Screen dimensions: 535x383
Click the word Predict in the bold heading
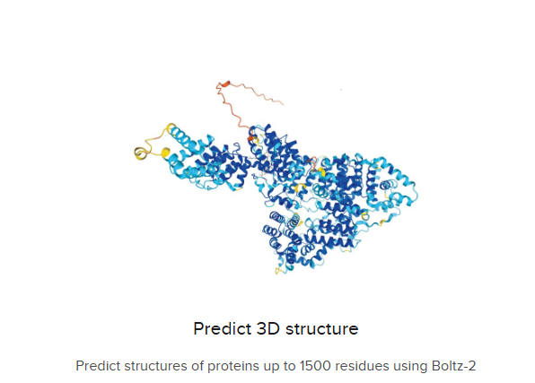click(x=223, y=329)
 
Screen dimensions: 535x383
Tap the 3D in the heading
click(x=268, y=329)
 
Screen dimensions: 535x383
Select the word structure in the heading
click(x=321, y=329)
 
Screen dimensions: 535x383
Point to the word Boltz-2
click(x=453, y=366)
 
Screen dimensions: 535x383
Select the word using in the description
click(x=410, y=367)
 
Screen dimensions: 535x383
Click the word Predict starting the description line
click(x=98, y=366)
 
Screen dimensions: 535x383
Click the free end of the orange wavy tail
click(x=283, y=104)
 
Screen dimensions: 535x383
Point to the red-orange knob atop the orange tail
click(x=224, y=83)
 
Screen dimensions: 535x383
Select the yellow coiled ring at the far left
click(x=140, y=153)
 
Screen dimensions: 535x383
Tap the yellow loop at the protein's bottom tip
click(x=279, y=271)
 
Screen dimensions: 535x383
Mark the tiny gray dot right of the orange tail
click(x=341, y=90)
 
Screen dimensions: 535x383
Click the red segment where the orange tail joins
click(x=251, y=138)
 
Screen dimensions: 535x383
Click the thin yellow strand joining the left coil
click(x=154, y=140)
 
